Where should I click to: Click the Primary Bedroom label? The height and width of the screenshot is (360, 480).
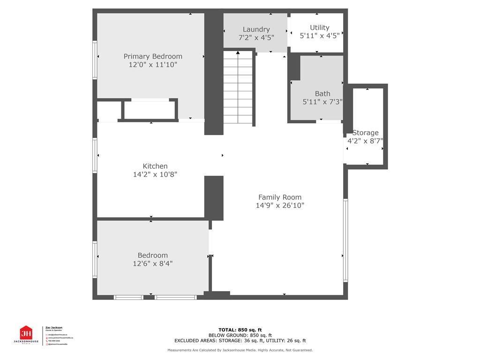click(x=153, y=56)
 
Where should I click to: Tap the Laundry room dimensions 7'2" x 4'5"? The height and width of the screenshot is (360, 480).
click(x=256, y=38)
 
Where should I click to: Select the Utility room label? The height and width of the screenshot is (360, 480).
click(x=320, y=28)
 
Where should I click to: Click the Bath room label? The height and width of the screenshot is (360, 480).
click(x=322, y=94)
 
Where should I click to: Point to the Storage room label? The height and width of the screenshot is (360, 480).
click(x=365, y=133)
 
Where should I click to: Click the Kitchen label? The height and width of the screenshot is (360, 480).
click(x=155, y=166)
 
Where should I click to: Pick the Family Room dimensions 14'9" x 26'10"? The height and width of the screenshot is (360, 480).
click(x=280, y=205)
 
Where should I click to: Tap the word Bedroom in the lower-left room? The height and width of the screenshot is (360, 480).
click(x=153, y=255)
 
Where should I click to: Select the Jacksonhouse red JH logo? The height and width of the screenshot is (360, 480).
click(x=26, y=334)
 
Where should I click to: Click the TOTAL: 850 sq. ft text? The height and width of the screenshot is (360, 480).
click(x=240, y=330)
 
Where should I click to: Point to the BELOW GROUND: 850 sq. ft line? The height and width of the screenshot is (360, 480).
click(x=240, y=335)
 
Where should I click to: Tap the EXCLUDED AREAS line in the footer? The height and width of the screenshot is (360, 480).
click(x=240, y=341)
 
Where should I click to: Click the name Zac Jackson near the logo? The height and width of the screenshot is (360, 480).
click(x=53, y=328)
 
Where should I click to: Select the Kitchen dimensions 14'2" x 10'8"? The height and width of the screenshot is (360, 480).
click(x=155, y=174)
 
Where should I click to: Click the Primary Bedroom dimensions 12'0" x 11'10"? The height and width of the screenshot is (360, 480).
click(x=153, y=65)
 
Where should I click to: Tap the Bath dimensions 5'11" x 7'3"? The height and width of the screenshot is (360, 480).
click(x=322, y=102)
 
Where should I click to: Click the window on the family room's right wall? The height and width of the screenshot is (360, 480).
click(x=345, y=240)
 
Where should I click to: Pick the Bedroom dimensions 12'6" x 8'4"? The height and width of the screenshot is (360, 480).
click(x=153, y=263)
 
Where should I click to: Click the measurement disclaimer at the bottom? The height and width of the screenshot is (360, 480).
click(x=240, y=350)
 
